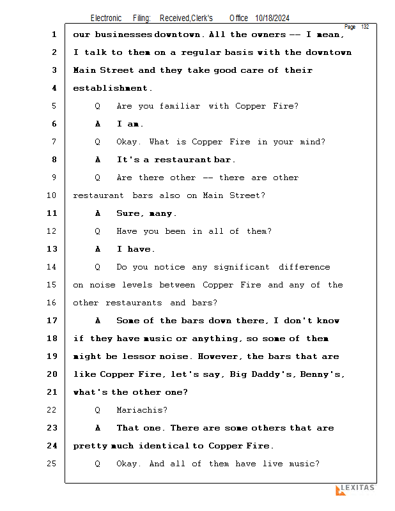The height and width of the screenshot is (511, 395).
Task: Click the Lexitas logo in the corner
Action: point(355,489)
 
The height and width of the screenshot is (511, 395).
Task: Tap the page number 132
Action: point(365,27)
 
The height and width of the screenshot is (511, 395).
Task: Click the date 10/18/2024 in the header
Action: point(276,18)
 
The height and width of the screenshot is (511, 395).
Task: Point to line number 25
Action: point(53,464)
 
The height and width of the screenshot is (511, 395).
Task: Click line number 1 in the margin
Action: point(54,34)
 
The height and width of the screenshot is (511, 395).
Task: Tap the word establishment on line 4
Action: point(112,88)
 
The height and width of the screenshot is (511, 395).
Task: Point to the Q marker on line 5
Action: point(98,106)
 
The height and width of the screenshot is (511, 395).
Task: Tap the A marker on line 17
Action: point(98,321)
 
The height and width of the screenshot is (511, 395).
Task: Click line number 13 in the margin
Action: point(53,249)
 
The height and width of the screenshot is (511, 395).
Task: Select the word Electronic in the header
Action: point(106,18)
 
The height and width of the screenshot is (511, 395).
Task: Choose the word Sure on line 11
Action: point(128,213)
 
